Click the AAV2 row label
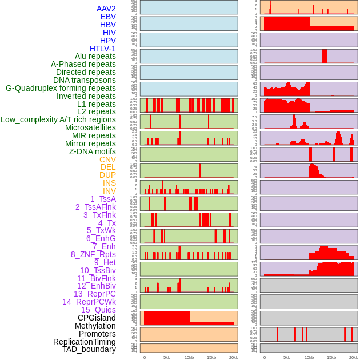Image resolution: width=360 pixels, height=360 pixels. point(106,9)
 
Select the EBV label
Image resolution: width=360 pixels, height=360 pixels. point(108,17)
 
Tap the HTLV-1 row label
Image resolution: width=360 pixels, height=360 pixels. point(103,49)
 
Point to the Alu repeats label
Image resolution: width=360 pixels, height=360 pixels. point(95,56)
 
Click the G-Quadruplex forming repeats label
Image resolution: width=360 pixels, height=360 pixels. point(61,88)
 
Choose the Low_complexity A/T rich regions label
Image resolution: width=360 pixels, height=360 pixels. point(58,119)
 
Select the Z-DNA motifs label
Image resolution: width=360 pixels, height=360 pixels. point(93,151)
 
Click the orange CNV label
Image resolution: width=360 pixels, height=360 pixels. point(107,159)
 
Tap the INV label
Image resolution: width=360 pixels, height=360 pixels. point(109,191)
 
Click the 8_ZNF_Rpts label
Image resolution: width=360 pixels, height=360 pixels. point(93,254)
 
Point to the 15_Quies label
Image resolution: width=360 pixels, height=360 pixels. point(98,310)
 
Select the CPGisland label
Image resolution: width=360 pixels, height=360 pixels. point(97,318)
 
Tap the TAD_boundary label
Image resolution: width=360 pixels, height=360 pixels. point(89,349)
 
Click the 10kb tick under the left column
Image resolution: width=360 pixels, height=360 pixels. point(189,357)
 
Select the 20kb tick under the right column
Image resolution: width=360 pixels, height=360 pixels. point(354,357)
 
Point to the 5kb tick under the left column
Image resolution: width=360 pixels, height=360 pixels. point(167,357)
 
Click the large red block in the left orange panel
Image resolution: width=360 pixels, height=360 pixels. point(167,317)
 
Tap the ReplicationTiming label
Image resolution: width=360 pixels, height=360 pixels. point(85,342)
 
